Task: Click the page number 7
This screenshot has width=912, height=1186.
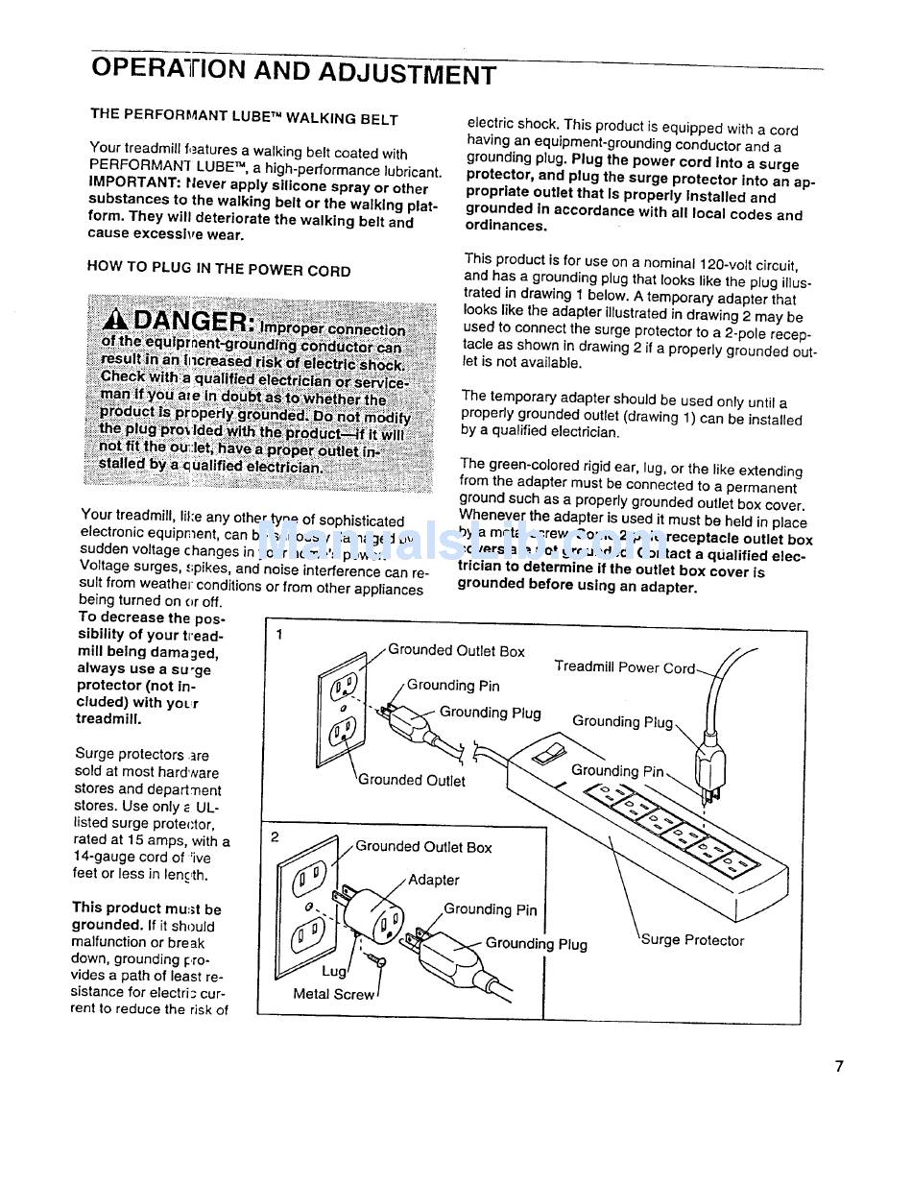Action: (x=838, y=1066)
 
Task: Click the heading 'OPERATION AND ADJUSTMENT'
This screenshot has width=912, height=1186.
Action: (x=294, y=72)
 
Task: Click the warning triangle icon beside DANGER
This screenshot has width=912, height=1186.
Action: (x=115, y=320)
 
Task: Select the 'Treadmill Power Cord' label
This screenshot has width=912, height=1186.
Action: (x=624, y=667)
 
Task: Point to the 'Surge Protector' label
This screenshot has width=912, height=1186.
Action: (x=692, y=940)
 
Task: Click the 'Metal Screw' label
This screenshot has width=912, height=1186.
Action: (x=334, y=994)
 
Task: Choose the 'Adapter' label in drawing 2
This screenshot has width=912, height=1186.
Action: (x=434, y=880)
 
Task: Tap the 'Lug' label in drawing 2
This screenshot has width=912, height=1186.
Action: (x=333, y=971)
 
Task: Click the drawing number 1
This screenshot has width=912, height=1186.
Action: (x=278, y=635)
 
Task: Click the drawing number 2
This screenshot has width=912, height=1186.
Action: (x=275, y=836)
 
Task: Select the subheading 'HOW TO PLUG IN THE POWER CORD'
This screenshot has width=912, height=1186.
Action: (x=219, y=270)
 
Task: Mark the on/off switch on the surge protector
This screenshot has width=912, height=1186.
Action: (x=548, y=750)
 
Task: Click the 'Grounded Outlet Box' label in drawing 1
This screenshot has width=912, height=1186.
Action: (x=456, y=651)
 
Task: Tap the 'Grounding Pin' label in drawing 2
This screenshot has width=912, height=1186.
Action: (x=490, y=909)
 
